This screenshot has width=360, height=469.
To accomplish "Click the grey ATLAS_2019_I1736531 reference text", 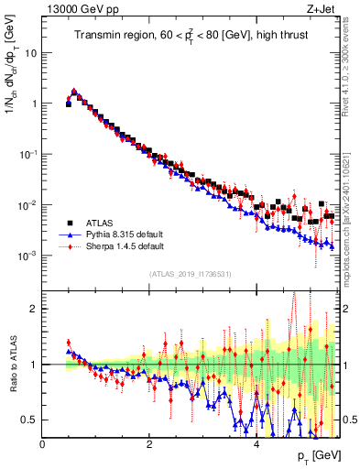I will [191, 274].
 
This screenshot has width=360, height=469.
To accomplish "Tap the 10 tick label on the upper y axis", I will [32, 53].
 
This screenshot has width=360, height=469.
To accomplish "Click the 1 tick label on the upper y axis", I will [36, 104].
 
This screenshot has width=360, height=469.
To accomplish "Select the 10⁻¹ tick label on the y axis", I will [30, 154].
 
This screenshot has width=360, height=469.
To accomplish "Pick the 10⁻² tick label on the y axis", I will [30, 204].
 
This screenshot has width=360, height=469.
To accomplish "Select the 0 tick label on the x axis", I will [42, 445].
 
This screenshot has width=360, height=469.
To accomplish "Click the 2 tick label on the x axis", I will [149, 445].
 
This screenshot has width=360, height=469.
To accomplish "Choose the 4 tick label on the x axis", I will [256, 445].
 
